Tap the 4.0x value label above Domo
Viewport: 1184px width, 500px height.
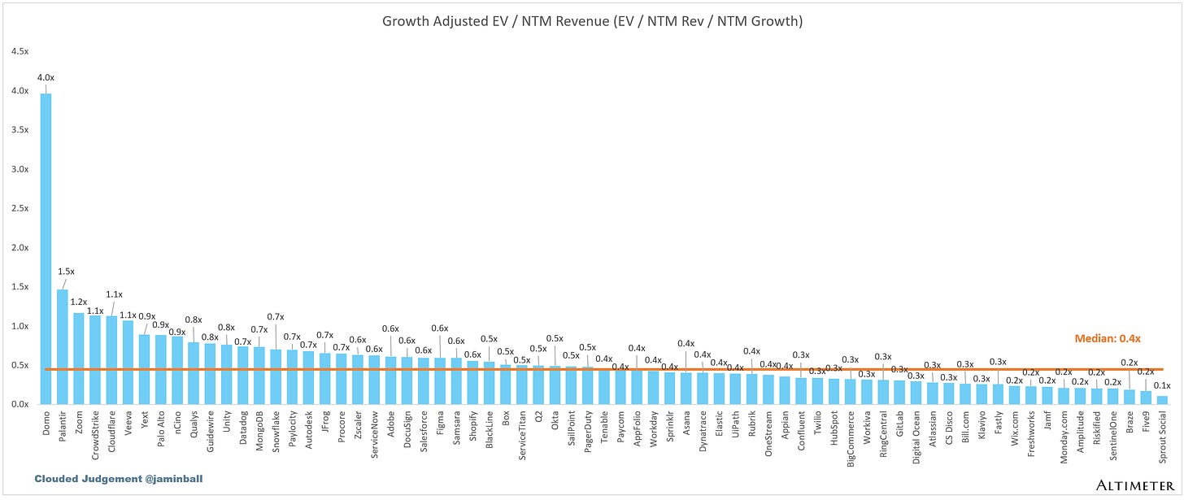coord(45,78)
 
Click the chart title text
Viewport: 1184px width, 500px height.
coord(592,21)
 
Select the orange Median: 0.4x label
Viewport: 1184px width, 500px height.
coord(1107,339)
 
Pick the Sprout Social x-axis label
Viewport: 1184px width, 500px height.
coord(1163,438)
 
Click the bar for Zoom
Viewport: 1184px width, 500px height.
coord(78,359)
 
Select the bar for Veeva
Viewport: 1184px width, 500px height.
coord(128,362)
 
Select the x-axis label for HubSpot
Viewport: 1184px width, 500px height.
coord(834,428)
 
